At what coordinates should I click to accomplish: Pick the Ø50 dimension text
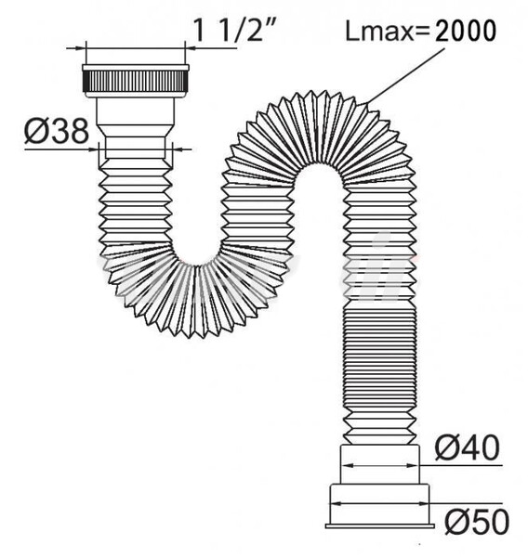476,521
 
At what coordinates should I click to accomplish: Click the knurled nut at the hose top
137,77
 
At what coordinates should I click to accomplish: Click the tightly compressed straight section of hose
380,371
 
